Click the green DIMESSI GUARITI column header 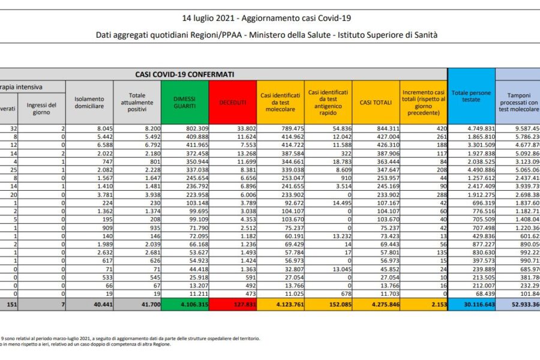coord(185,103)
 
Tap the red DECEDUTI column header coord(232,103)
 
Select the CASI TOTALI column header coord(376,103)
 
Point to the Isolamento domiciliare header coord(89,103)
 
